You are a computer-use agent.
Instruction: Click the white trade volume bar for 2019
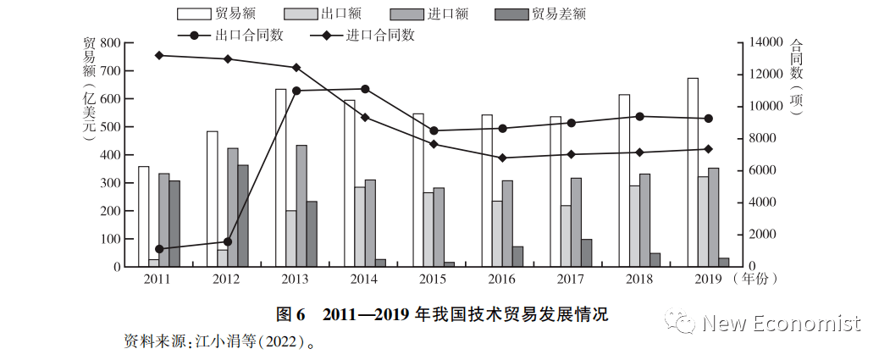tap(693, 172)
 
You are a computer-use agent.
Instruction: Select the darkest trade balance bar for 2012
tap(243, 216)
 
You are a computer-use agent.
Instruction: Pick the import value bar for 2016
tap(507, 224)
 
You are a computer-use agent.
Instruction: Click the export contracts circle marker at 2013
tap(296, 91)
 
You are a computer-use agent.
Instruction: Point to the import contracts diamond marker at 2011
tap(159, 55)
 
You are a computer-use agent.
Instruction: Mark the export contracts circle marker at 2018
tap(640, 116)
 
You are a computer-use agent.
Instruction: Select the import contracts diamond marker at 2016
tap(503, 158)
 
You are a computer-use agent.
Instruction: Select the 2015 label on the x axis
tap(434, 278)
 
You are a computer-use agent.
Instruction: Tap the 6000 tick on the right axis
tap(756, 170)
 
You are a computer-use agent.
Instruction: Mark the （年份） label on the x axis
tap(757, 278)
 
